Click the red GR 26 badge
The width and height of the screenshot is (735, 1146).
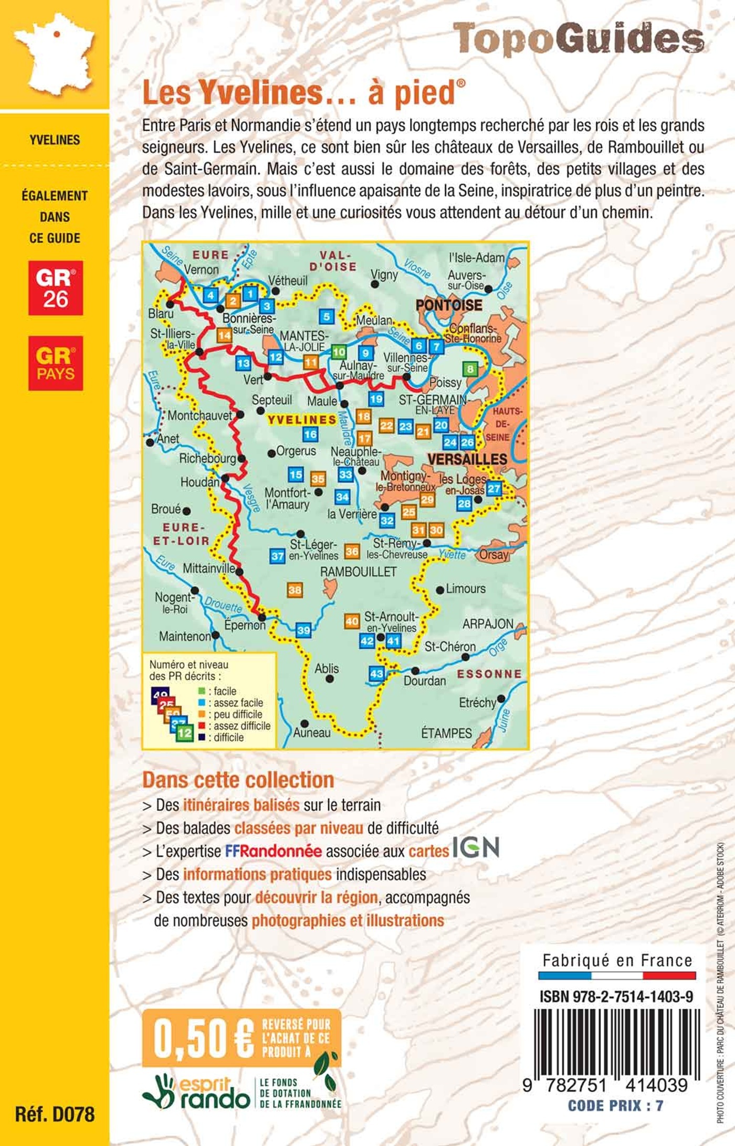point(56,288)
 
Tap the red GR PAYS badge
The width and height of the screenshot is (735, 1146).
point(56,363)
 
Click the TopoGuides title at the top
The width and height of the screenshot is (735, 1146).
point(577,39)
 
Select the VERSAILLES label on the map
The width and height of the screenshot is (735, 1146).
point(467,459)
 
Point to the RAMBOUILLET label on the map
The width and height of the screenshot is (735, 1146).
point(358,571)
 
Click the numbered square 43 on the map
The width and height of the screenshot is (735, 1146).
point(377,674)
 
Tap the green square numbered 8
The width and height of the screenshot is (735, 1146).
point(470,369)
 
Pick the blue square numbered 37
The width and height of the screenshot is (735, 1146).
point(277,556)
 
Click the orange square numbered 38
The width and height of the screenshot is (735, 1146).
point(295,590)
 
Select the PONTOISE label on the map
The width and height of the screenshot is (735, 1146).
point(449,305)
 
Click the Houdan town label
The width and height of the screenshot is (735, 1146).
point(199,482)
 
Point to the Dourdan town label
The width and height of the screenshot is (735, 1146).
point(425,681)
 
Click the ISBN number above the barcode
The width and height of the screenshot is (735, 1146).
point(616,996)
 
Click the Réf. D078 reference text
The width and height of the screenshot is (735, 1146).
point(55,1114)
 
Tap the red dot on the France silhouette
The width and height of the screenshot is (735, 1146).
point(57,34)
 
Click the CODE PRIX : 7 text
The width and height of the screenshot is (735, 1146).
point(615,1106)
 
